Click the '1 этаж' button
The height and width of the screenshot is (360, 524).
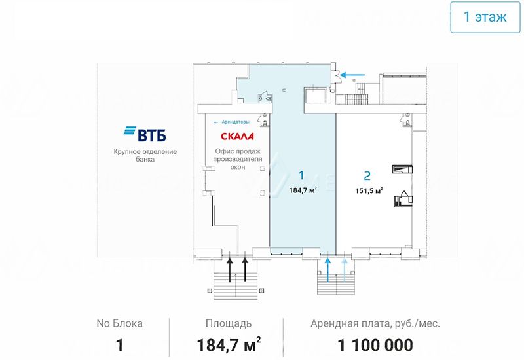pos(485,17)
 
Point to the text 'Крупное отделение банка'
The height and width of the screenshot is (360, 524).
pos(145,155)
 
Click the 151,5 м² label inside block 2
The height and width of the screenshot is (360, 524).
pos(369,190)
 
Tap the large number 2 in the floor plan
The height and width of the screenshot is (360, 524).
pos(367,175)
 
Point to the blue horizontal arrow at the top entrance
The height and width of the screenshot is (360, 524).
pos(354,75)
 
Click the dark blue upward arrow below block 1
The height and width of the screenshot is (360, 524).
pos(328,269)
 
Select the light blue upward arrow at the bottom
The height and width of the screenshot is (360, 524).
pos(345,269)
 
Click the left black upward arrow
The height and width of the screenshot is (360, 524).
pos(230,269)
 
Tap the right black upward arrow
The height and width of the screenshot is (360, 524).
pos(246,269)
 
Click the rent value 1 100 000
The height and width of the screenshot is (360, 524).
pos(375,345)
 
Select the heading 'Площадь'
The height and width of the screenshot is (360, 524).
pos(229,323)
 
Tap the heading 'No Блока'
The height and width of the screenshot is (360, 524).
pos(119,323)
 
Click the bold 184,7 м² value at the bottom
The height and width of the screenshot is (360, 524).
pos(229,344)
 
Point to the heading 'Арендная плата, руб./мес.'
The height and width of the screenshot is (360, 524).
pos(375,323)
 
